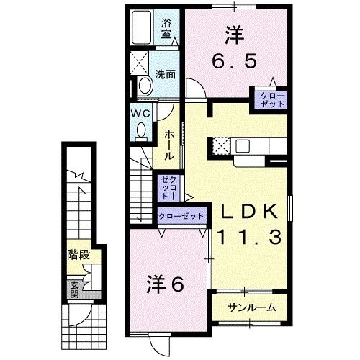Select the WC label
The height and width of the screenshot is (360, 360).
coord(140,113)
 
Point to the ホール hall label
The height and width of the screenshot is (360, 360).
coord(167,145)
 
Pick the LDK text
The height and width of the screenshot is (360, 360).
coord(249,212)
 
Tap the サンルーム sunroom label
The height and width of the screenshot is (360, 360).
coord(250,307)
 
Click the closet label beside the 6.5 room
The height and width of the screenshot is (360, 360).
coord(269,99)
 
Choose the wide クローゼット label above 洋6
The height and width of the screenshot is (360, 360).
coord(181,216)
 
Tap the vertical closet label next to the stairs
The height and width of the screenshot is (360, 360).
coord(167,188)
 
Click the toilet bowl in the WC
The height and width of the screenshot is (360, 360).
coord(141,130)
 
